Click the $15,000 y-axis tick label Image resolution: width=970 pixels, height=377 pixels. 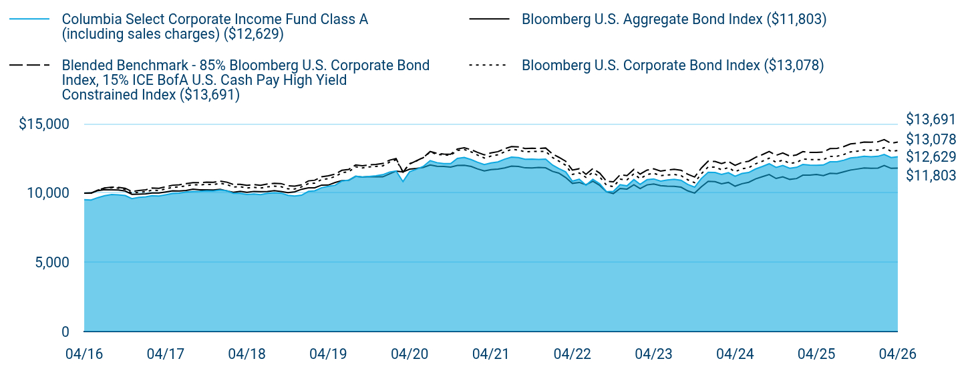point(43,124)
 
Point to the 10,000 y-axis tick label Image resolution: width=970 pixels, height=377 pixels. point(48,193)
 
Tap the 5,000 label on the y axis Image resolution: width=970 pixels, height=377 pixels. point(52,263)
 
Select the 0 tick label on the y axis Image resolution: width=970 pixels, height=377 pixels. point(65,332)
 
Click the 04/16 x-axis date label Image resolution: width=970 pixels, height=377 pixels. point(84,354)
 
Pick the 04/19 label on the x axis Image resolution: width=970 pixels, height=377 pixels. point(328,354)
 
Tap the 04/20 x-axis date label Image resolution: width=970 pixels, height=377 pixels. point(410,354)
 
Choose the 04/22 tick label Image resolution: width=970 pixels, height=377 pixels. point(572,354)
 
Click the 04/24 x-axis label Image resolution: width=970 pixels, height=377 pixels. point(735,354)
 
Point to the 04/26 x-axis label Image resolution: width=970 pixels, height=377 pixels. point(898,354)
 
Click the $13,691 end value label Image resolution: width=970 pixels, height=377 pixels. point(931,119)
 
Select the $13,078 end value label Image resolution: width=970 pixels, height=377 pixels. point(931,139)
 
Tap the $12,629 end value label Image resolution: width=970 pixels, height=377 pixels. point(931,156)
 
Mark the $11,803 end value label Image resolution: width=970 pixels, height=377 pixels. point(931,175)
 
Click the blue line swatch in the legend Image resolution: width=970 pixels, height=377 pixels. point(29,19)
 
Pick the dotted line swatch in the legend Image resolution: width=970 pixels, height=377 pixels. point(489,65)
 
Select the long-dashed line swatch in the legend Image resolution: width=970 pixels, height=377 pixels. point(29,65)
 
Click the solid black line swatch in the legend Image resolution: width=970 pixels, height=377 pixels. point(489,19)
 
